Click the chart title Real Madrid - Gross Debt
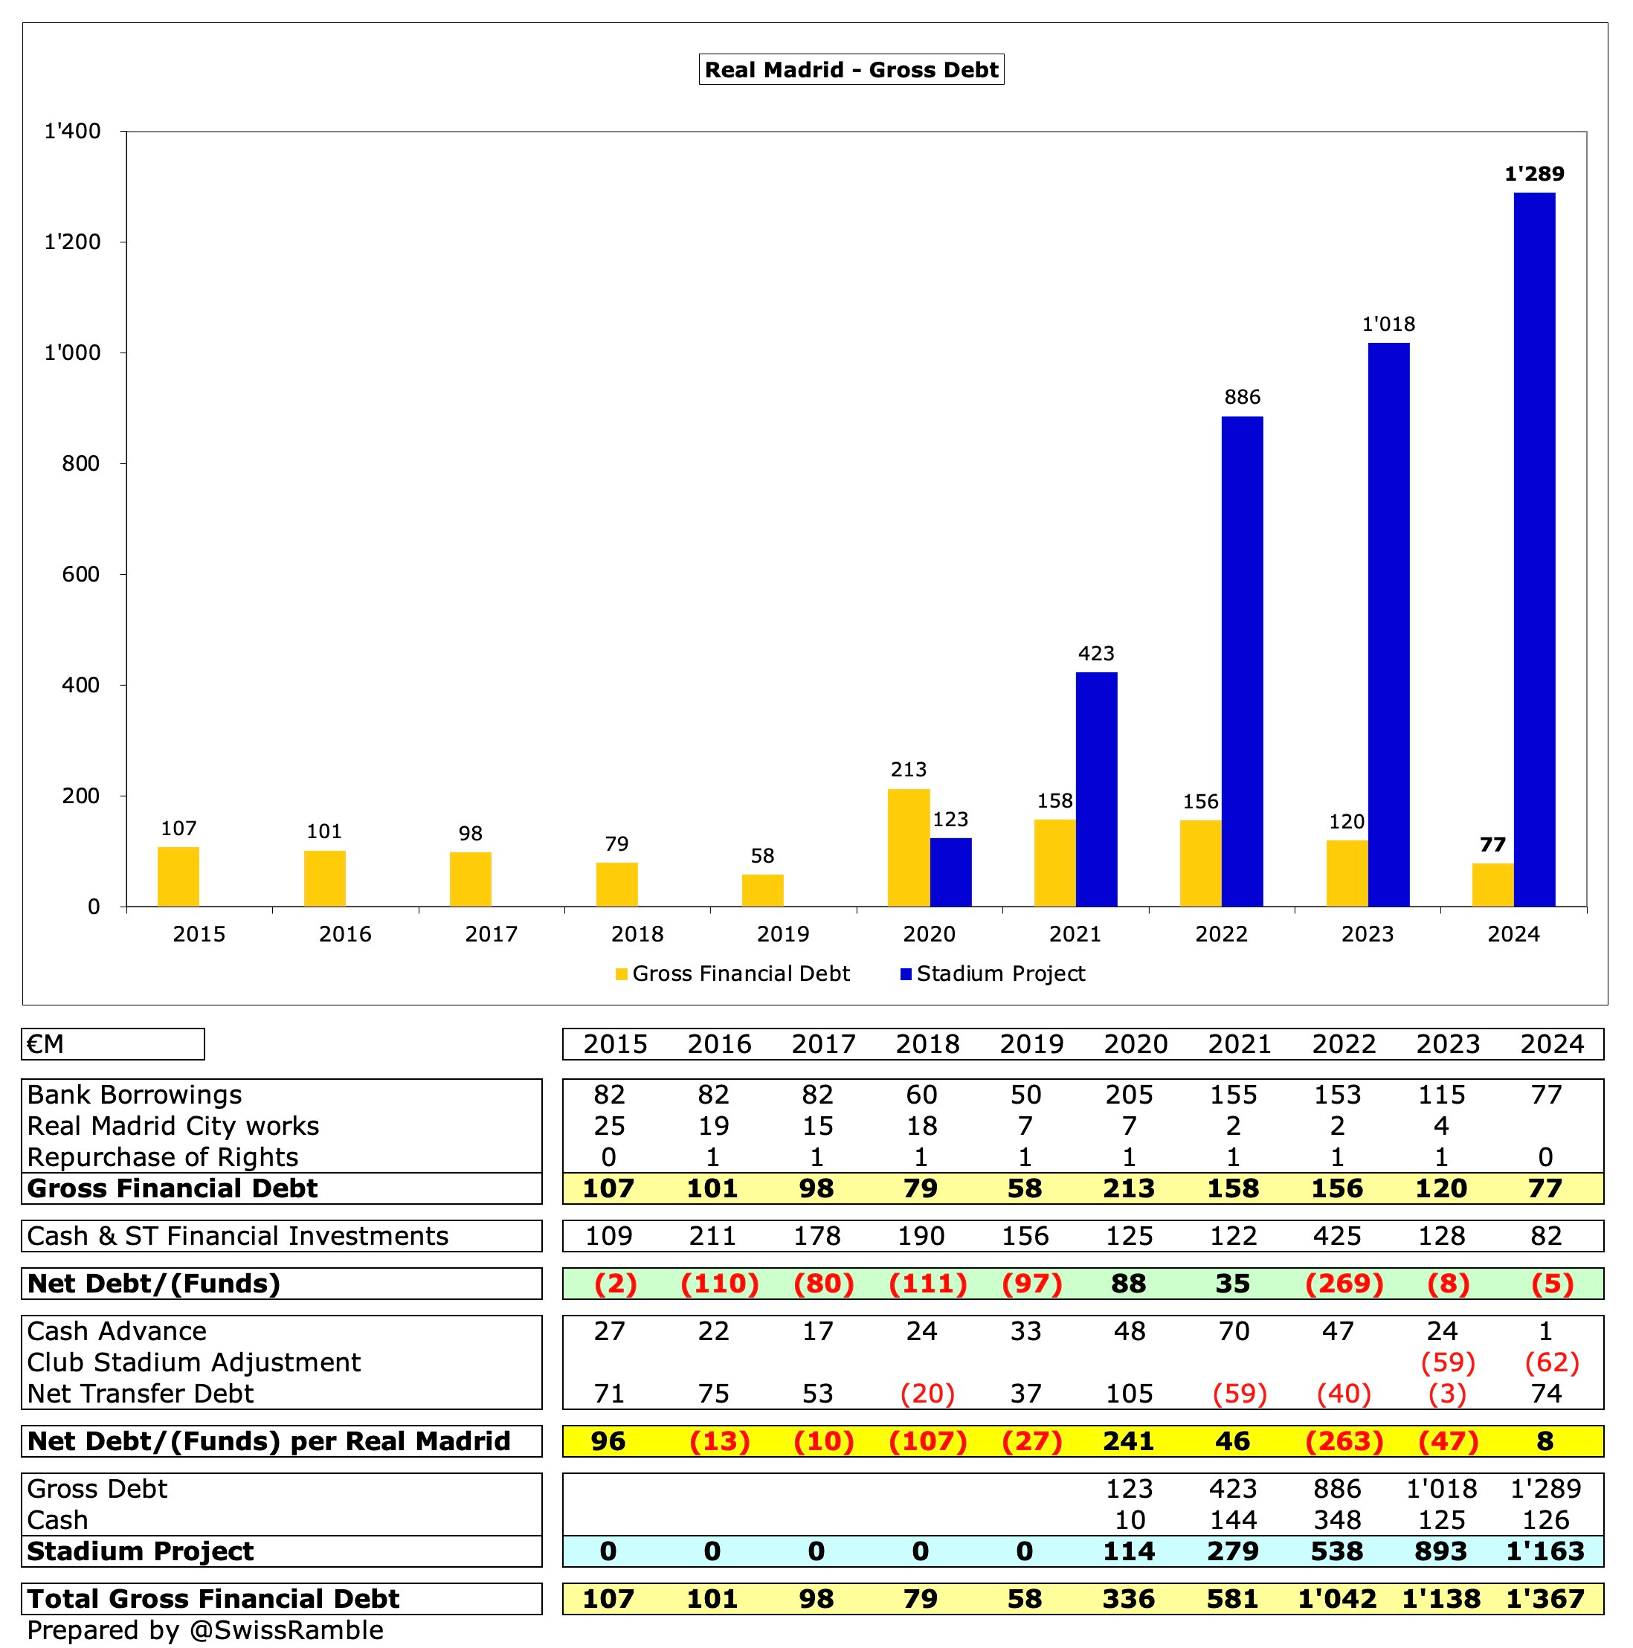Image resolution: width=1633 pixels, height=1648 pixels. pyautogui.click(x=851, y=69)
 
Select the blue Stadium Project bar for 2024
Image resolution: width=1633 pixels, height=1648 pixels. pyautogui.click(x=1534, y=550)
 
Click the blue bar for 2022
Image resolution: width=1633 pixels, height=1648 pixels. pyautogui.click(x=1242, y=661)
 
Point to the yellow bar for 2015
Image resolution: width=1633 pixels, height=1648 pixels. pyautogui.click(x=178, y=876)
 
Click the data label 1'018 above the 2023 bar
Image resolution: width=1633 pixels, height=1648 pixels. pyautogui.click(x=1388, y=324)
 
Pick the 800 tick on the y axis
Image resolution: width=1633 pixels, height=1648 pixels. pyautogui.click(x=81, y=464)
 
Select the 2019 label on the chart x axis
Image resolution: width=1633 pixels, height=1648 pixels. pyautogui.click(x=783, y=934)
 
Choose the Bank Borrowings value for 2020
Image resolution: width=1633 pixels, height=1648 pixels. pyautogui.click(x=1129, y=1095)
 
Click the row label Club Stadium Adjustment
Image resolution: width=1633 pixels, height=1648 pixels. pyautogui.click(x=193, y=1362)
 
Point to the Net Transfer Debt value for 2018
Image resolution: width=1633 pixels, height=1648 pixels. pyautogui.click(x=927, y=1394)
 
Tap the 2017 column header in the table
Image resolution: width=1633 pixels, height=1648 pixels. pyautogui.click(x=823, y=1044)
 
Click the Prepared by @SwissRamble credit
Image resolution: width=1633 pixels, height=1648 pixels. pyautogui.click(x=204, y=1630)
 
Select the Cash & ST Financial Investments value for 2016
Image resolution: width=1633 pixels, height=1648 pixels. pyautogui.click(x=714, y=1236)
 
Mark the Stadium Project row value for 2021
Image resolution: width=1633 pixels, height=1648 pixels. pyautogui.click(x=1233, y=1551)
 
